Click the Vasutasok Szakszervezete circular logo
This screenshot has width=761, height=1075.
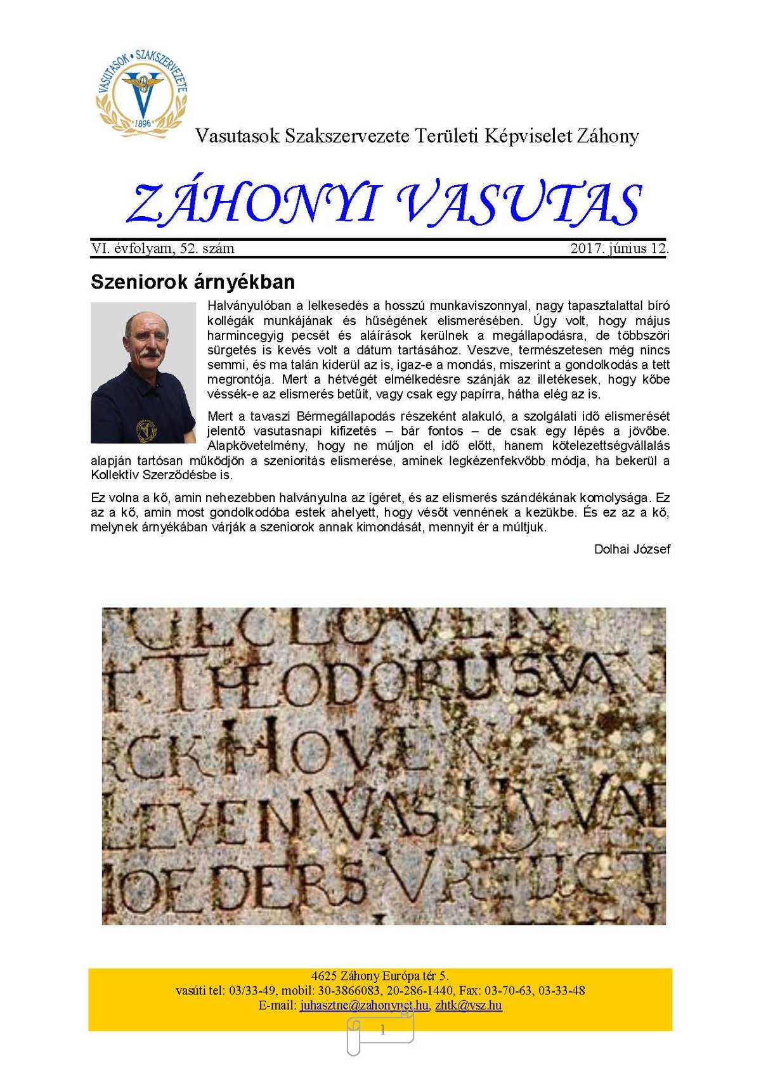[143, 91]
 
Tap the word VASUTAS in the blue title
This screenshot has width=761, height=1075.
[520, 205]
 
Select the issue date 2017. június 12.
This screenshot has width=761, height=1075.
[619, 248]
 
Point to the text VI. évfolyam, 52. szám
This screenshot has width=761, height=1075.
[162, 248]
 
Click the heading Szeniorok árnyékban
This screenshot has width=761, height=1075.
[193, 281]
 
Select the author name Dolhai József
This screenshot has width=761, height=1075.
[632, 549]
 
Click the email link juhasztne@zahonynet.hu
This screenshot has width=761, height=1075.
[364, 1005]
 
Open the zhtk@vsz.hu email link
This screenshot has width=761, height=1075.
[469, 1005]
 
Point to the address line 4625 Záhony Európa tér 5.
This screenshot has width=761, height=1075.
[380, 976]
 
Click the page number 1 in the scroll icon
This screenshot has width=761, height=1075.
[382, 1031]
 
